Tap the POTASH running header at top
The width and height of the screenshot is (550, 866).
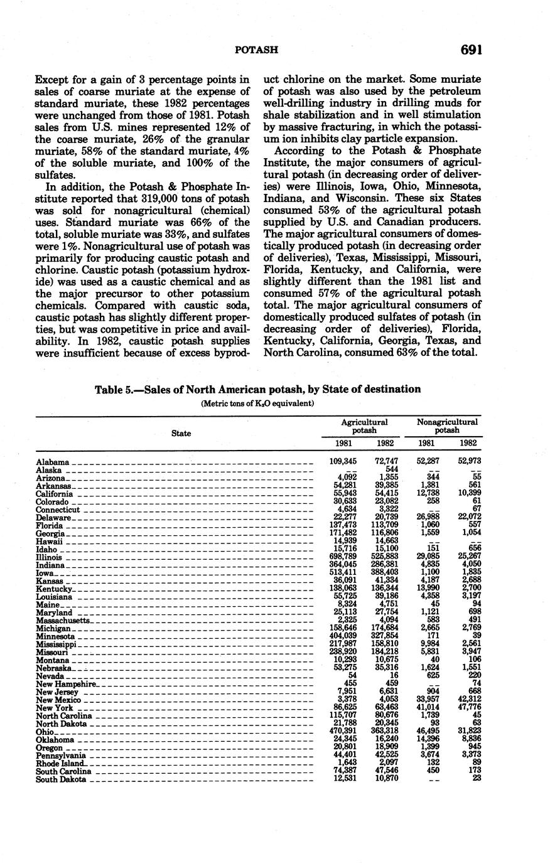tap(257, 50)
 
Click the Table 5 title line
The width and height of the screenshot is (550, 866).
tap(257, 389)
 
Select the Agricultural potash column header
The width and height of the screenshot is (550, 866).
tap(364, 427)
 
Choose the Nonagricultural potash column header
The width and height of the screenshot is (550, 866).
tap(447, 427)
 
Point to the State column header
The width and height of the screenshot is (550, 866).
tap(181, 433)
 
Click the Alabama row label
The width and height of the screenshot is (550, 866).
tap(53, 462)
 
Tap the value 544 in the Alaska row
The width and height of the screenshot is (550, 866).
tap(391, 469)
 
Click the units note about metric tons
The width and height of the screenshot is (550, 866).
tap(257, 404)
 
